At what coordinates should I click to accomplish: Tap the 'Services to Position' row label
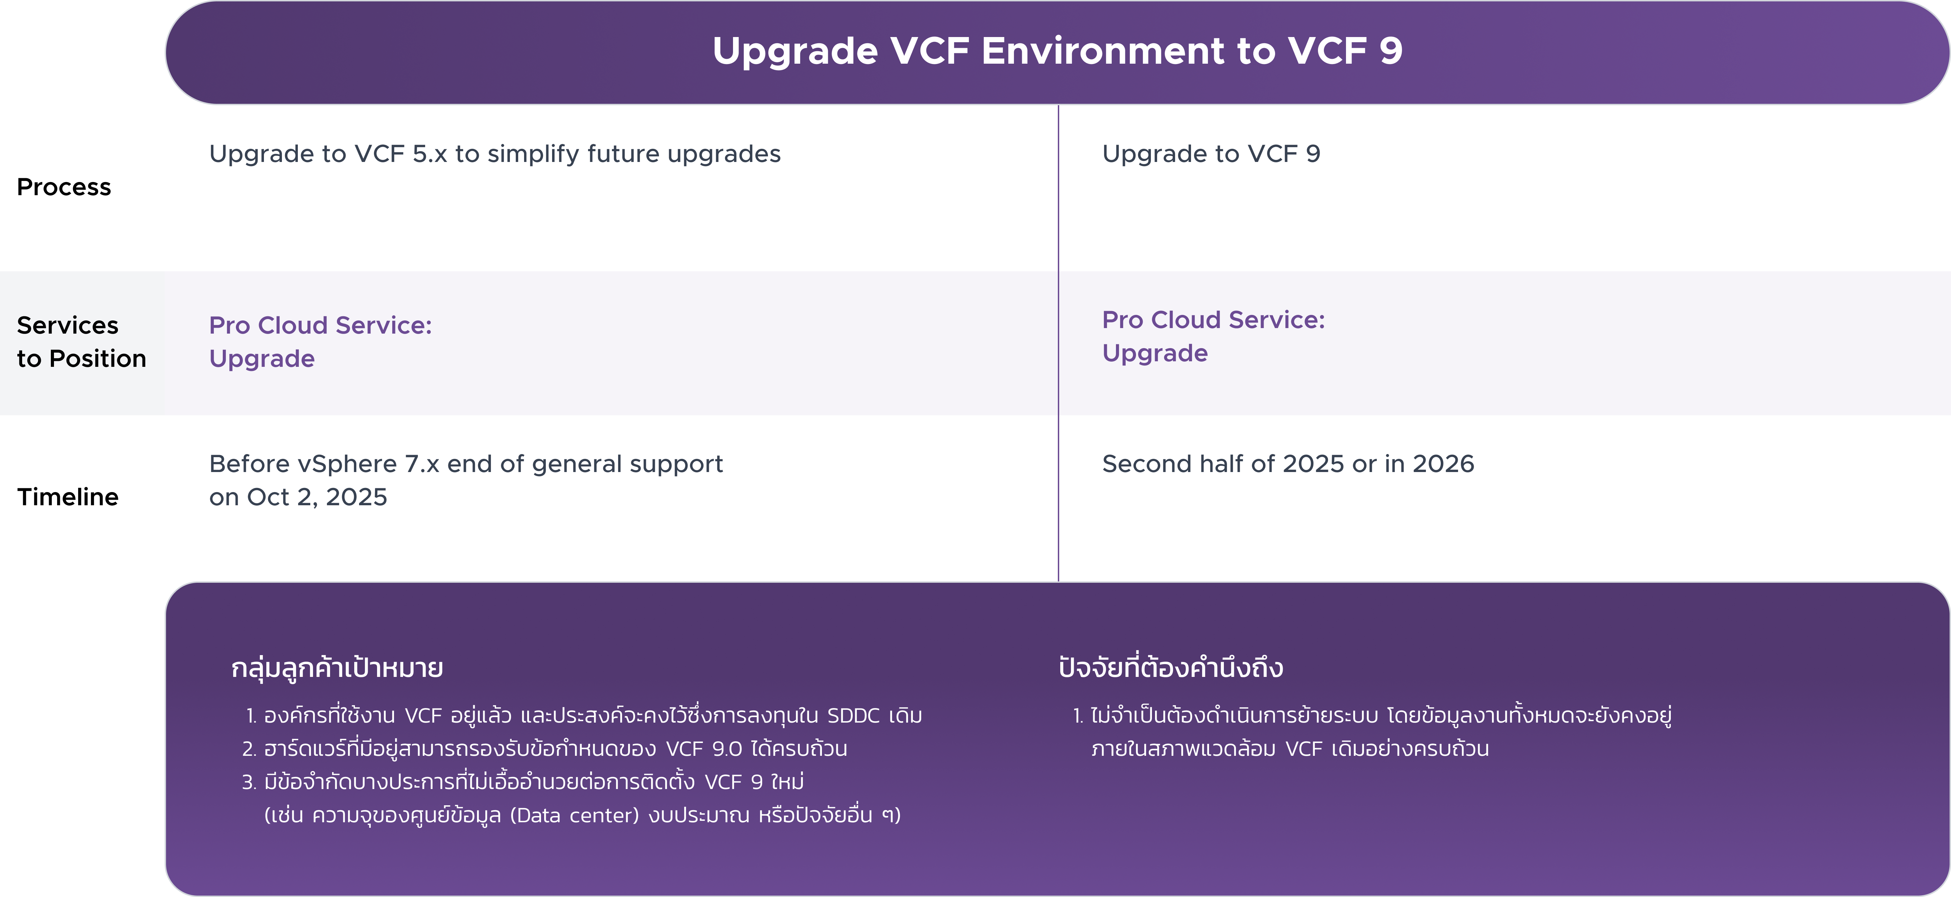tap(81, 342)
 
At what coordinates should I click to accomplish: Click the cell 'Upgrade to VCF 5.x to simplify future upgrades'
tap(495, 154)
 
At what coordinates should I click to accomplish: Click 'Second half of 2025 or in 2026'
tap(1288, 464)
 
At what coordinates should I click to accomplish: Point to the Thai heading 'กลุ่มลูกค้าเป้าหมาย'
tap(337, 668)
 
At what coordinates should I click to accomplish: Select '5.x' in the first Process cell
tap(429, 154)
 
